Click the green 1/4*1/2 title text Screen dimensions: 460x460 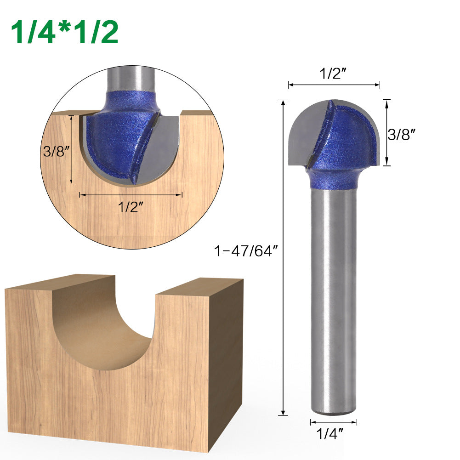[x=64, y=32]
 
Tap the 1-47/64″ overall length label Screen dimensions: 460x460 [x=246, y=251]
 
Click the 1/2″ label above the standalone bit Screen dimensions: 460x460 [x=334, y=74]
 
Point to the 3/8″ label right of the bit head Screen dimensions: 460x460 [x=402, y=134]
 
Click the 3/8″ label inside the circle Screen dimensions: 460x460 [x=56, y=151]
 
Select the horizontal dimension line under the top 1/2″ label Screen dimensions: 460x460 [x=334, y=85]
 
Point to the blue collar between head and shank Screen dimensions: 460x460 [x=333, y=179]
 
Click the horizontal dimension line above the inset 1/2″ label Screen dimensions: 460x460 [x=131, y=195]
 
